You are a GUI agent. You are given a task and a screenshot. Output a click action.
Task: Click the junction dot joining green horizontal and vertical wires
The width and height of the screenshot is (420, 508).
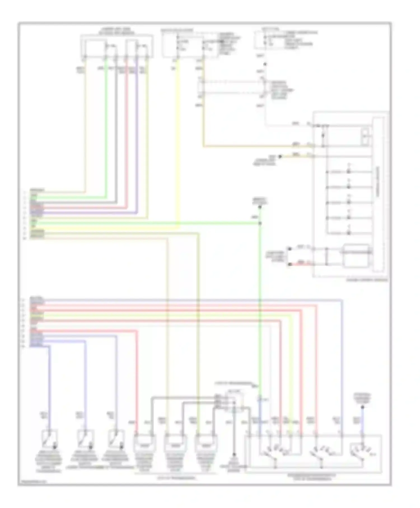260,223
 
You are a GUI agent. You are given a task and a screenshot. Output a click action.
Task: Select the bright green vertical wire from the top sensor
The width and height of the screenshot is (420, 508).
106,126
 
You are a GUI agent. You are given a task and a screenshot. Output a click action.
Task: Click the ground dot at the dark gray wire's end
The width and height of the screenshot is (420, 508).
234,455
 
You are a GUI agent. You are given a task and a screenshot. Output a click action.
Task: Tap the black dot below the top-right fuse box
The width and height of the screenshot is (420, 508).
265,64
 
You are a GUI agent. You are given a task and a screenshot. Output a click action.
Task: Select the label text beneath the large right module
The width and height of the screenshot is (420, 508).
367,280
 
